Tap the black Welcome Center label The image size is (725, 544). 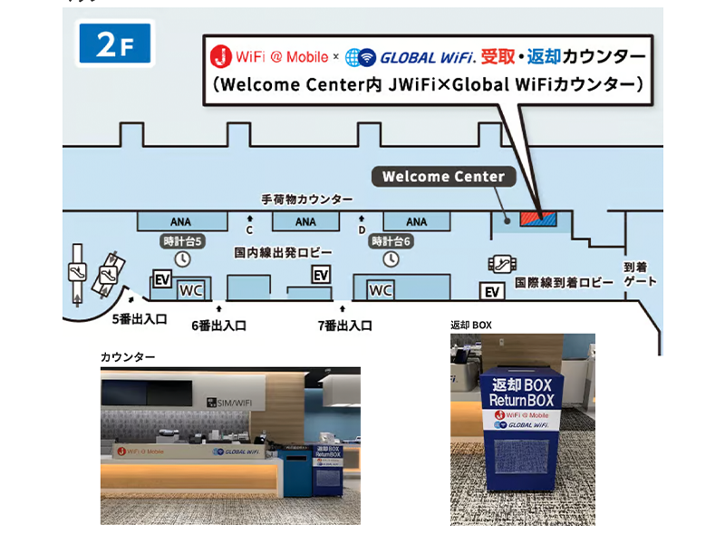click(x=443, y=177)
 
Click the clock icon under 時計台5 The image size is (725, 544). click(x=182, y=258)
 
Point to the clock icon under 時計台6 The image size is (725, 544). click(x=391, y=258)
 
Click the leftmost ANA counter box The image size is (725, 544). click(x=181, y=221)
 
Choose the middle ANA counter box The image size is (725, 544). click(x=305, y=221)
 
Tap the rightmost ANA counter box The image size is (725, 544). click(x=416, y=221)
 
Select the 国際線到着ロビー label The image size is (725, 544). click(x=564, y=284)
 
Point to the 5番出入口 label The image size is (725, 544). click(x=140, y=318)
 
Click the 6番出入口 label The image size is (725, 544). click(x=218, y=325)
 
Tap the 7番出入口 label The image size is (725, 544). click(x=344, y=325)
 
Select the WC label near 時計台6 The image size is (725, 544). click(x=381, y=290)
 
